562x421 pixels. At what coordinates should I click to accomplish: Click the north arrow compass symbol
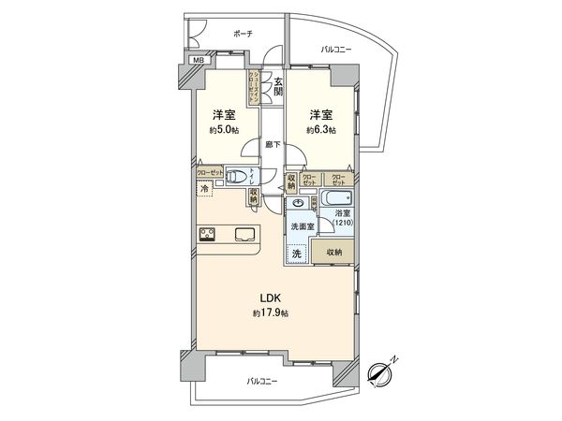383,371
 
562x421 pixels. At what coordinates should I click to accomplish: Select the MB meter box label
197,61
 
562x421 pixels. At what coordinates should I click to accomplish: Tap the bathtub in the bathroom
333,199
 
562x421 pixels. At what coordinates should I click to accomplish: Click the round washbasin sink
297,202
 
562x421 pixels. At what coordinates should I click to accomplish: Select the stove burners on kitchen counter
208,235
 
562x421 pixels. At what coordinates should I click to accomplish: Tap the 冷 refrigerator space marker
204,189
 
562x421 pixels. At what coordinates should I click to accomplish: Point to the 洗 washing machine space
297,254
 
